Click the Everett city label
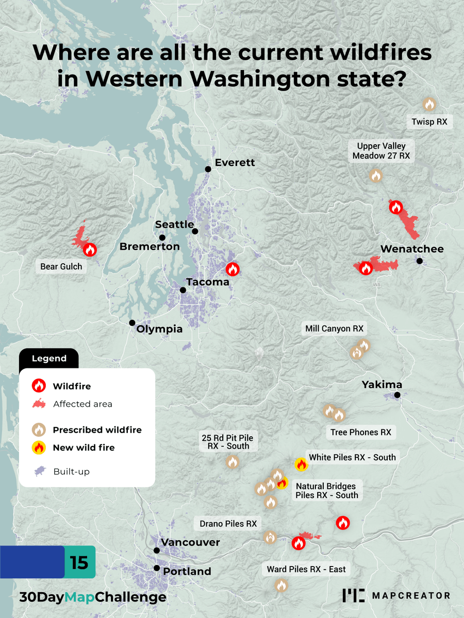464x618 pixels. tap(235, 163)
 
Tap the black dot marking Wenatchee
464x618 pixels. tap(420, 261)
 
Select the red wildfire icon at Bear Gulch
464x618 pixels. tap(90, 250)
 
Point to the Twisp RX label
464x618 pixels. tap(429, 122)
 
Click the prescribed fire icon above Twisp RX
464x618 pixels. tap(429, 105)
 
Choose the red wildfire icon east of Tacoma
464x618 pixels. tap(233, 269)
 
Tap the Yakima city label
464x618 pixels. tap(382, 385)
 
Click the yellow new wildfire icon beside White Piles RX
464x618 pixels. tap(301, 464)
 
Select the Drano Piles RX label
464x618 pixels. tap(228, 524)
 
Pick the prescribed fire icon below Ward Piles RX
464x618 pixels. tap(281, 585)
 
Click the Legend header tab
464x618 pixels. tap(49, 358)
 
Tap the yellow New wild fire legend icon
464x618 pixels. tap(39, 448)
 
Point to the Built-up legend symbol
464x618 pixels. tap(39, 471)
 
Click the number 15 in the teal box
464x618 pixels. tap(79, 562)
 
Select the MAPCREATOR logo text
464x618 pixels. tap(411, 596)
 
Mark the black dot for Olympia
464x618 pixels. tap(132, 323)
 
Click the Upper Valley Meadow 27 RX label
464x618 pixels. tap(381, 151)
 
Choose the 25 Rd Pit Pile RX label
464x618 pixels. tap(228, 442)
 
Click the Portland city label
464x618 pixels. tap(187, 571)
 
